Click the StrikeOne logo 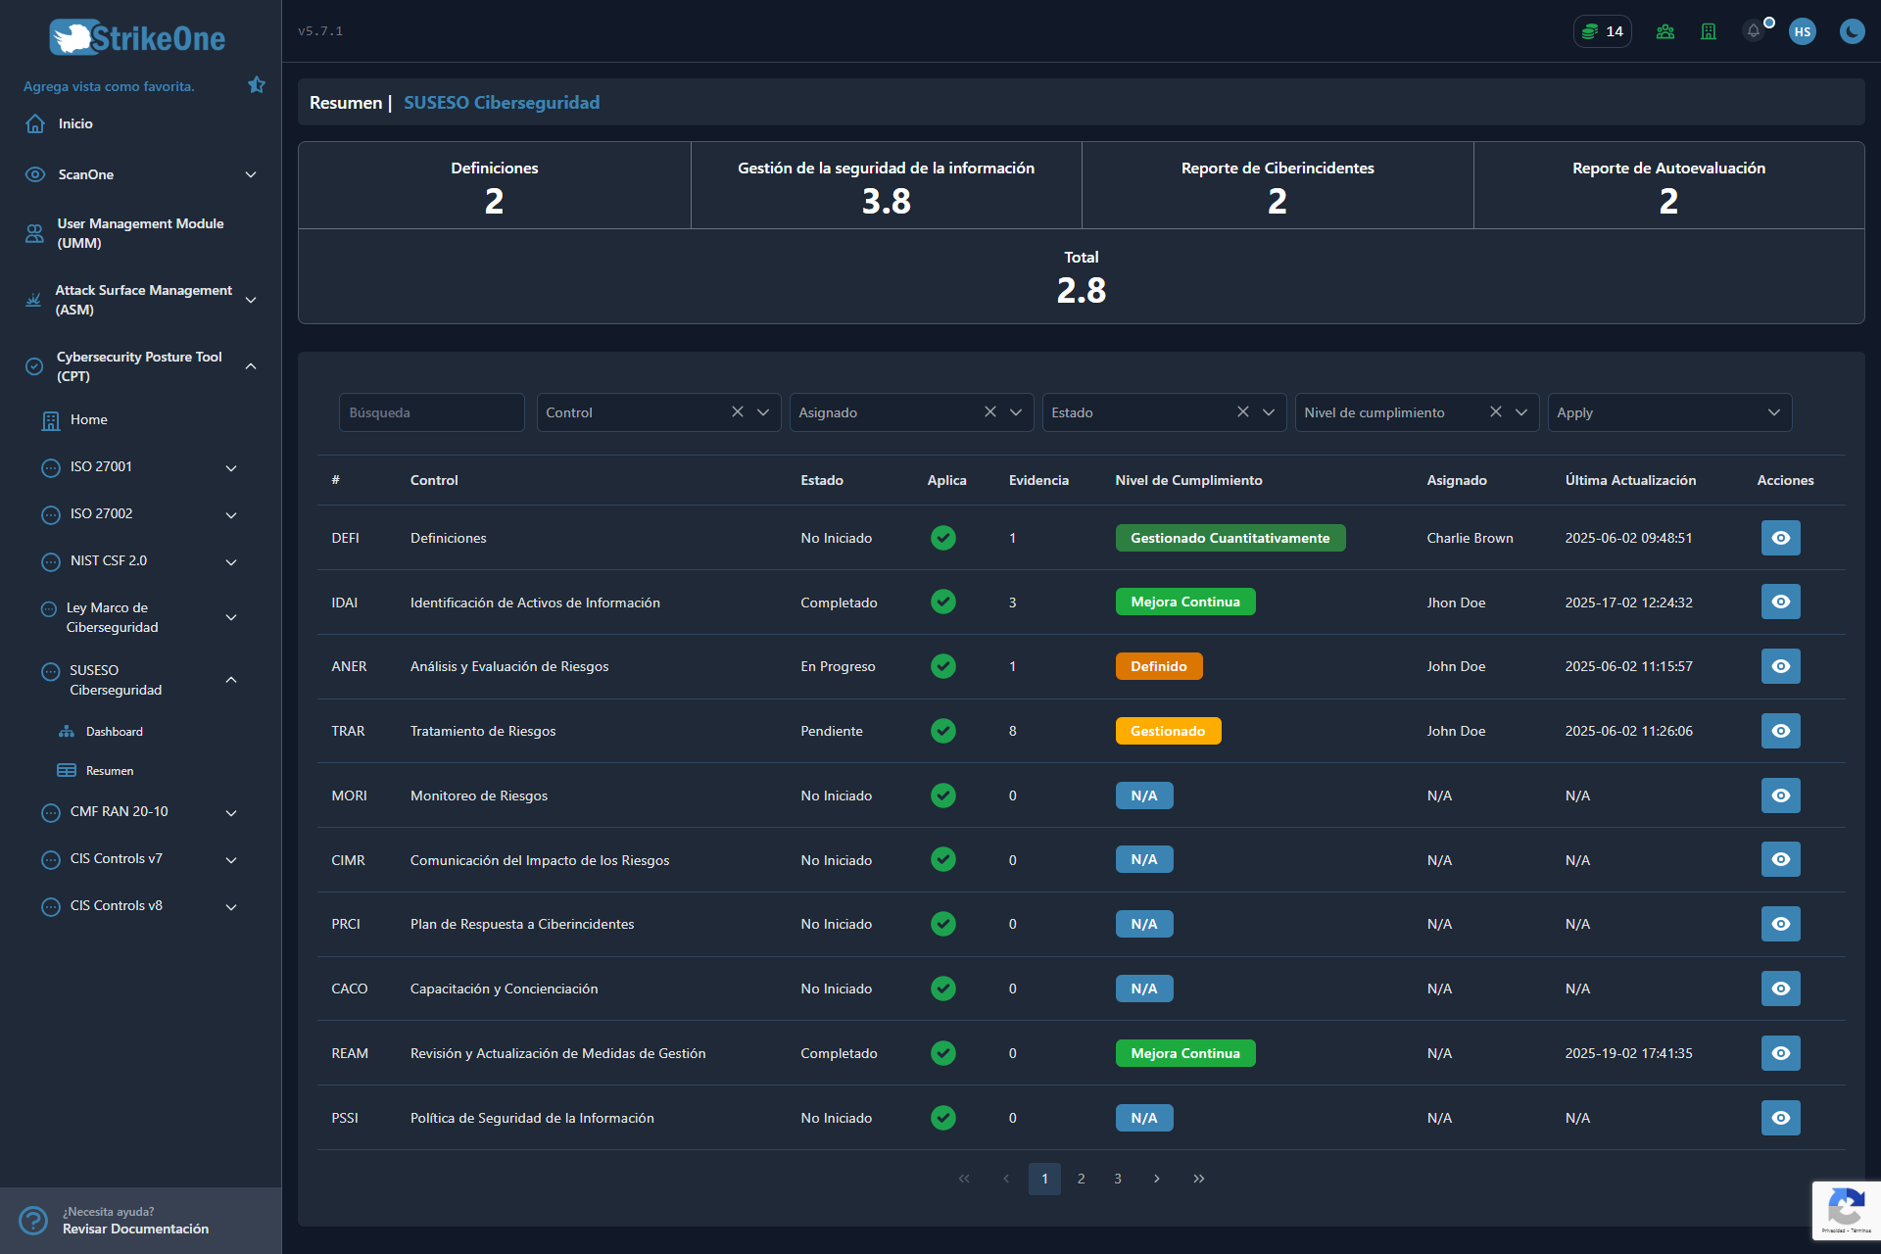tap(137, 37)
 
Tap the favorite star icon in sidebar tap(257, 85)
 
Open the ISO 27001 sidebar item tap(101, 466)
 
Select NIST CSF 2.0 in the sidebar tap(109, 560)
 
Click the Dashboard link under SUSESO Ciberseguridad tap(115, 732)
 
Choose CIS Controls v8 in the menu tap(117, 905)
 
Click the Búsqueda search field tap(431, 412)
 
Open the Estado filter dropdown tap(1163, 412)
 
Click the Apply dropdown tap(1669, 412)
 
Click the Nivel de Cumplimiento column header tap(1188, 480)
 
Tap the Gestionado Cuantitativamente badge tap(1230, 538)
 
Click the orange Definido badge tap(1159, 666)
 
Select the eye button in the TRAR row tap(1780, 731)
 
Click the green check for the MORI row tap(943, 796)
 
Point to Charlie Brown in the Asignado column tap(1470, 538)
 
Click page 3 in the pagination tap(1118, 1179)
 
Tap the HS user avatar tap(1803, 31)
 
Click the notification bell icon tap(1754, 31)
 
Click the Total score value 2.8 tap(1082, 290)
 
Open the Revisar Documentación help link tap(135, 1229)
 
